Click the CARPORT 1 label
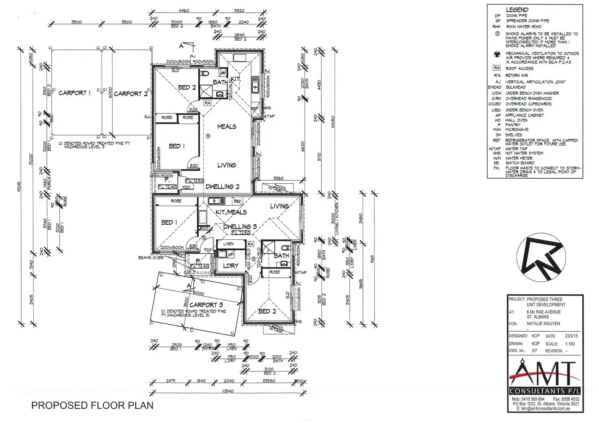pyautogui.click(x=74, y=93)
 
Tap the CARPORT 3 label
pyautogui.click(x=206, y=305)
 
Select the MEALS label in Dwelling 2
pyautogui.click(x=227, y=126)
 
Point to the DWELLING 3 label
pyautogui.click(x=240, y=227)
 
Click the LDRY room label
pyautogui.click(x=231, y=266)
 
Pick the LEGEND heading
pyautogui.click(x=517, y=10)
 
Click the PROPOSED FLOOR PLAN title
pyautogui.click(x=92, y=406)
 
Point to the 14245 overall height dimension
pyautogui.click(x=19, y=187)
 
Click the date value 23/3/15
pyautogui.click(x=571, y=336)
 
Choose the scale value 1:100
pyautogui.click(x=570, y=344)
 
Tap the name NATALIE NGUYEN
pyautogui.click(x=543, y=324)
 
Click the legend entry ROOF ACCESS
pyautogui.click(x=519, y=69)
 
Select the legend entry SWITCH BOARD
pyautogui.click(x=520, y=163)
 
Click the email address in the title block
pyautogui.click(x=545, y=408)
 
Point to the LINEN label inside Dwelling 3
pyautogui.click(x=228, y=244)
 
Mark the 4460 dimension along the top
pyautogui.click(x=184, y=11)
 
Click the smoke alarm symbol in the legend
pyautogui.click(x=497, y=34)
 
